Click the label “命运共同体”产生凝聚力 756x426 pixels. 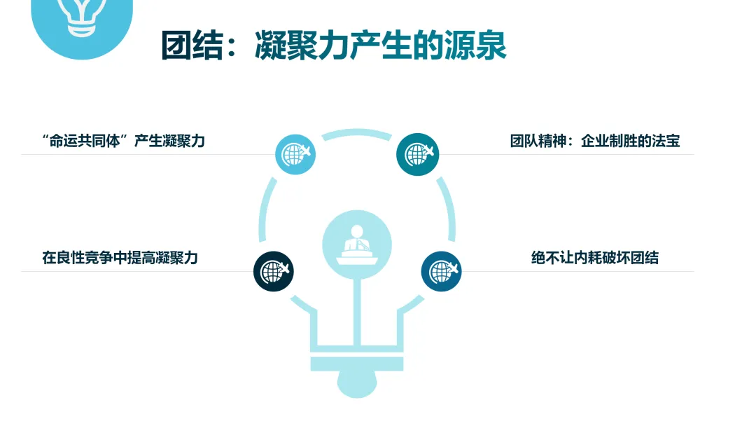point(123,141)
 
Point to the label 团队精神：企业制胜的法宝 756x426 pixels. point(595,141)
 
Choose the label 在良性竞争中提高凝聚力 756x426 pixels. point(120,258)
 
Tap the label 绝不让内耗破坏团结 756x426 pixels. point(595,258)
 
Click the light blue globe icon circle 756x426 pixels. point(295,154)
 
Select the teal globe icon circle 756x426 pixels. point(417,154)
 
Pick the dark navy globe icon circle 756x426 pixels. point(273,271)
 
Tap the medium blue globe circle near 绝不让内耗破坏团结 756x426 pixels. point(441,271)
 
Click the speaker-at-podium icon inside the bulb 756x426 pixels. point(357,242)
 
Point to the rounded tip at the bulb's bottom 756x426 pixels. point(357,384)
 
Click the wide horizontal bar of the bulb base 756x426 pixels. point(357,364)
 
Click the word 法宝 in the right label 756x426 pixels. point(665,141)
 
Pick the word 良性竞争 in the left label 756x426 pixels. point(85,258)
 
